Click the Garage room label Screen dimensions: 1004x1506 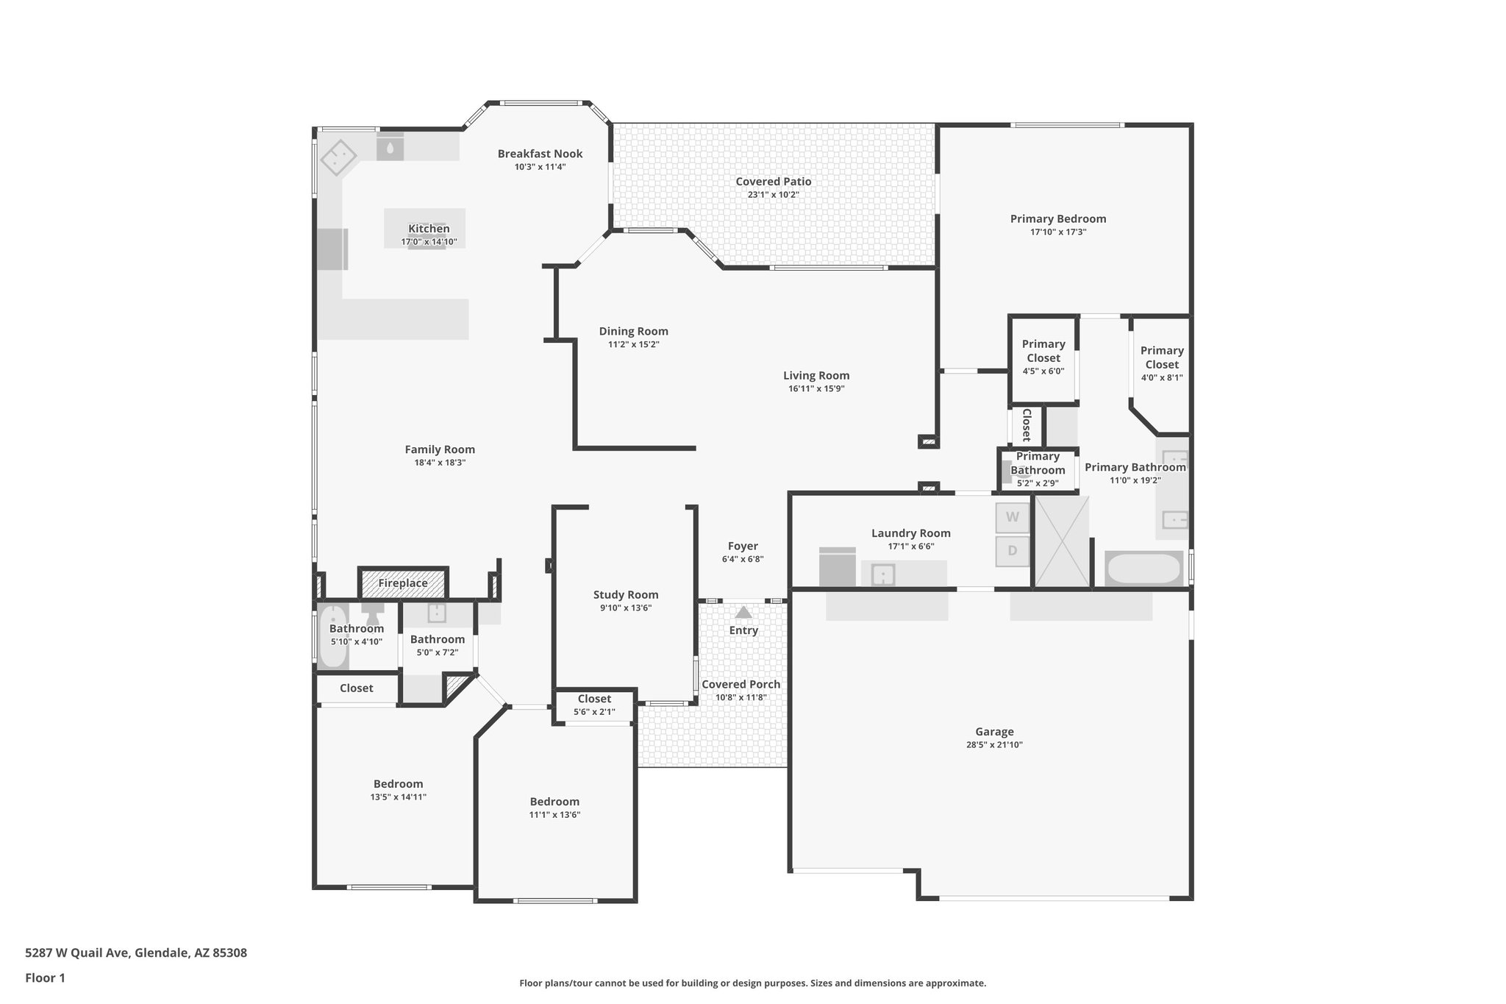pyautogui.click(x=994, y=732)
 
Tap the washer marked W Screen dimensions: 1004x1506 pyautogui.click(x=1013, y=517)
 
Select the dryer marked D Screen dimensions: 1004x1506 pyautogui.click(x=1013, y=551)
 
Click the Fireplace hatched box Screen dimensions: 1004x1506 pyautogui.click(x=403, y=583)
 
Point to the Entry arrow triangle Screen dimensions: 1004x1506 pyautogui.click(x=743, y=612)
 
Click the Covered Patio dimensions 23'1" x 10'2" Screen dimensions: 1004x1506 pyautogui.click(x=773, y=195)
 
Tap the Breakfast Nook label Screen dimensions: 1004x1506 pyautogui.click(x=540, y=154)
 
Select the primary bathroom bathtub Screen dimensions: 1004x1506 pyautogui.click(x=1144, y=569)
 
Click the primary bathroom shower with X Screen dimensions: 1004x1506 pyautogui.click(x=1061, y=541)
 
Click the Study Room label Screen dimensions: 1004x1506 pyautogui.click(x=626, y=595)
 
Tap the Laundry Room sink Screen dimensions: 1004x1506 pyautogui.click(x=882, y=574)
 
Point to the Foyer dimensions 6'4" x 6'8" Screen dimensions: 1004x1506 pyautogui.click(x=743, y=559)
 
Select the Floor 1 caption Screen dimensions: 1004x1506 pyautogui.click(x=45, y=978)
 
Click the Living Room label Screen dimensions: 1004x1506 pyautogui.click(x=816, y=376)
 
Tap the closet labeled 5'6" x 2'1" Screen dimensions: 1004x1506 pyautogui.click(x=594, y=705)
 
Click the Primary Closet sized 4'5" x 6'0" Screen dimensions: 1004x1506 pyautogui.click(x=1043, y=357)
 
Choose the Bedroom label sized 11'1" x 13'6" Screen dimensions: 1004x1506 pyautogui.click(x=554, y=802)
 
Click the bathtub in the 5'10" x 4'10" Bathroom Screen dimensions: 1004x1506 pyautogui.click(x=333, y=637)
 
